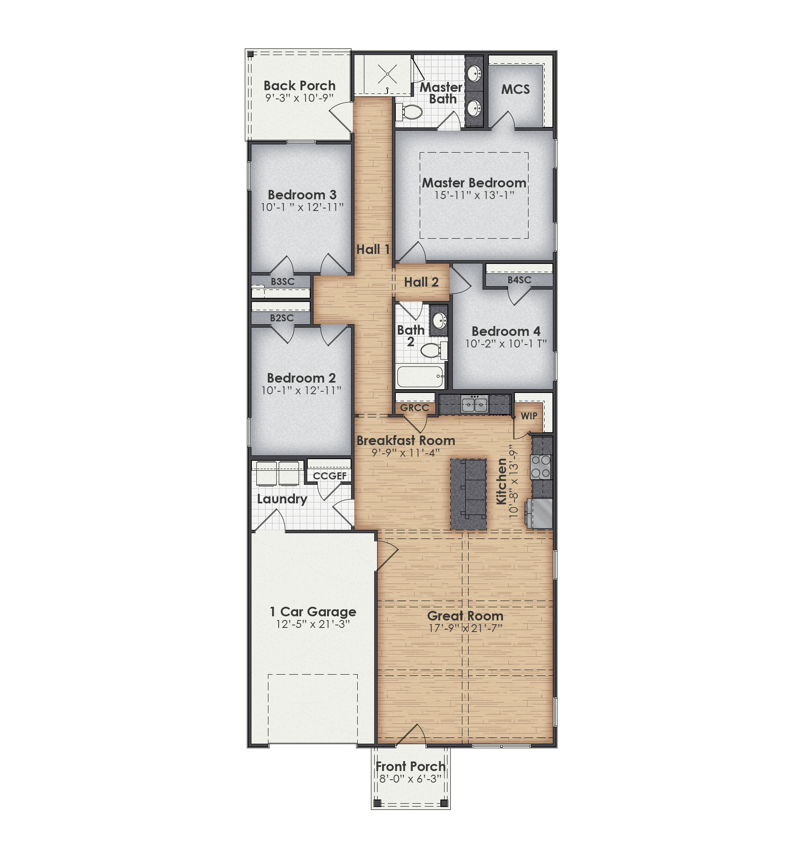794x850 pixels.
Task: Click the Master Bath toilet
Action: point(410,112)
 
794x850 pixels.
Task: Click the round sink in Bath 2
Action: point(440,320)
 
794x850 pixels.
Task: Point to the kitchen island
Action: point(468,494)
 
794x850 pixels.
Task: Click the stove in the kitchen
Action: point(541,467)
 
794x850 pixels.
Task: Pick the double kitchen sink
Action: point(474,404)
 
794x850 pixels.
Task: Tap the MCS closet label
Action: point(515,89)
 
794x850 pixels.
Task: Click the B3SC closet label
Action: point(282,282)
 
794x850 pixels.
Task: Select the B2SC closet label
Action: point(282,318)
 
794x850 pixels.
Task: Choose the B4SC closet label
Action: point(519,280)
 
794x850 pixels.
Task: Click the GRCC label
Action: point(414,408)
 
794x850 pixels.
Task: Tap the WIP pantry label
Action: point(529,416)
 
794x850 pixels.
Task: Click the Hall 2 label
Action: point(421,282)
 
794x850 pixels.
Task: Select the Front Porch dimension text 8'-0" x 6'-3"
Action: point(410,778)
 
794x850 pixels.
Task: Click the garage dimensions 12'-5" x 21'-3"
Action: point(313,624)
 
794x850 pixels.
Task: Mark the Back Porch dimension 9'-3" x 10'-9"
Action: point(299,98)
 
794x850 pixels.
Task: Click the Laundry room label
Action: point(282,499)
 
